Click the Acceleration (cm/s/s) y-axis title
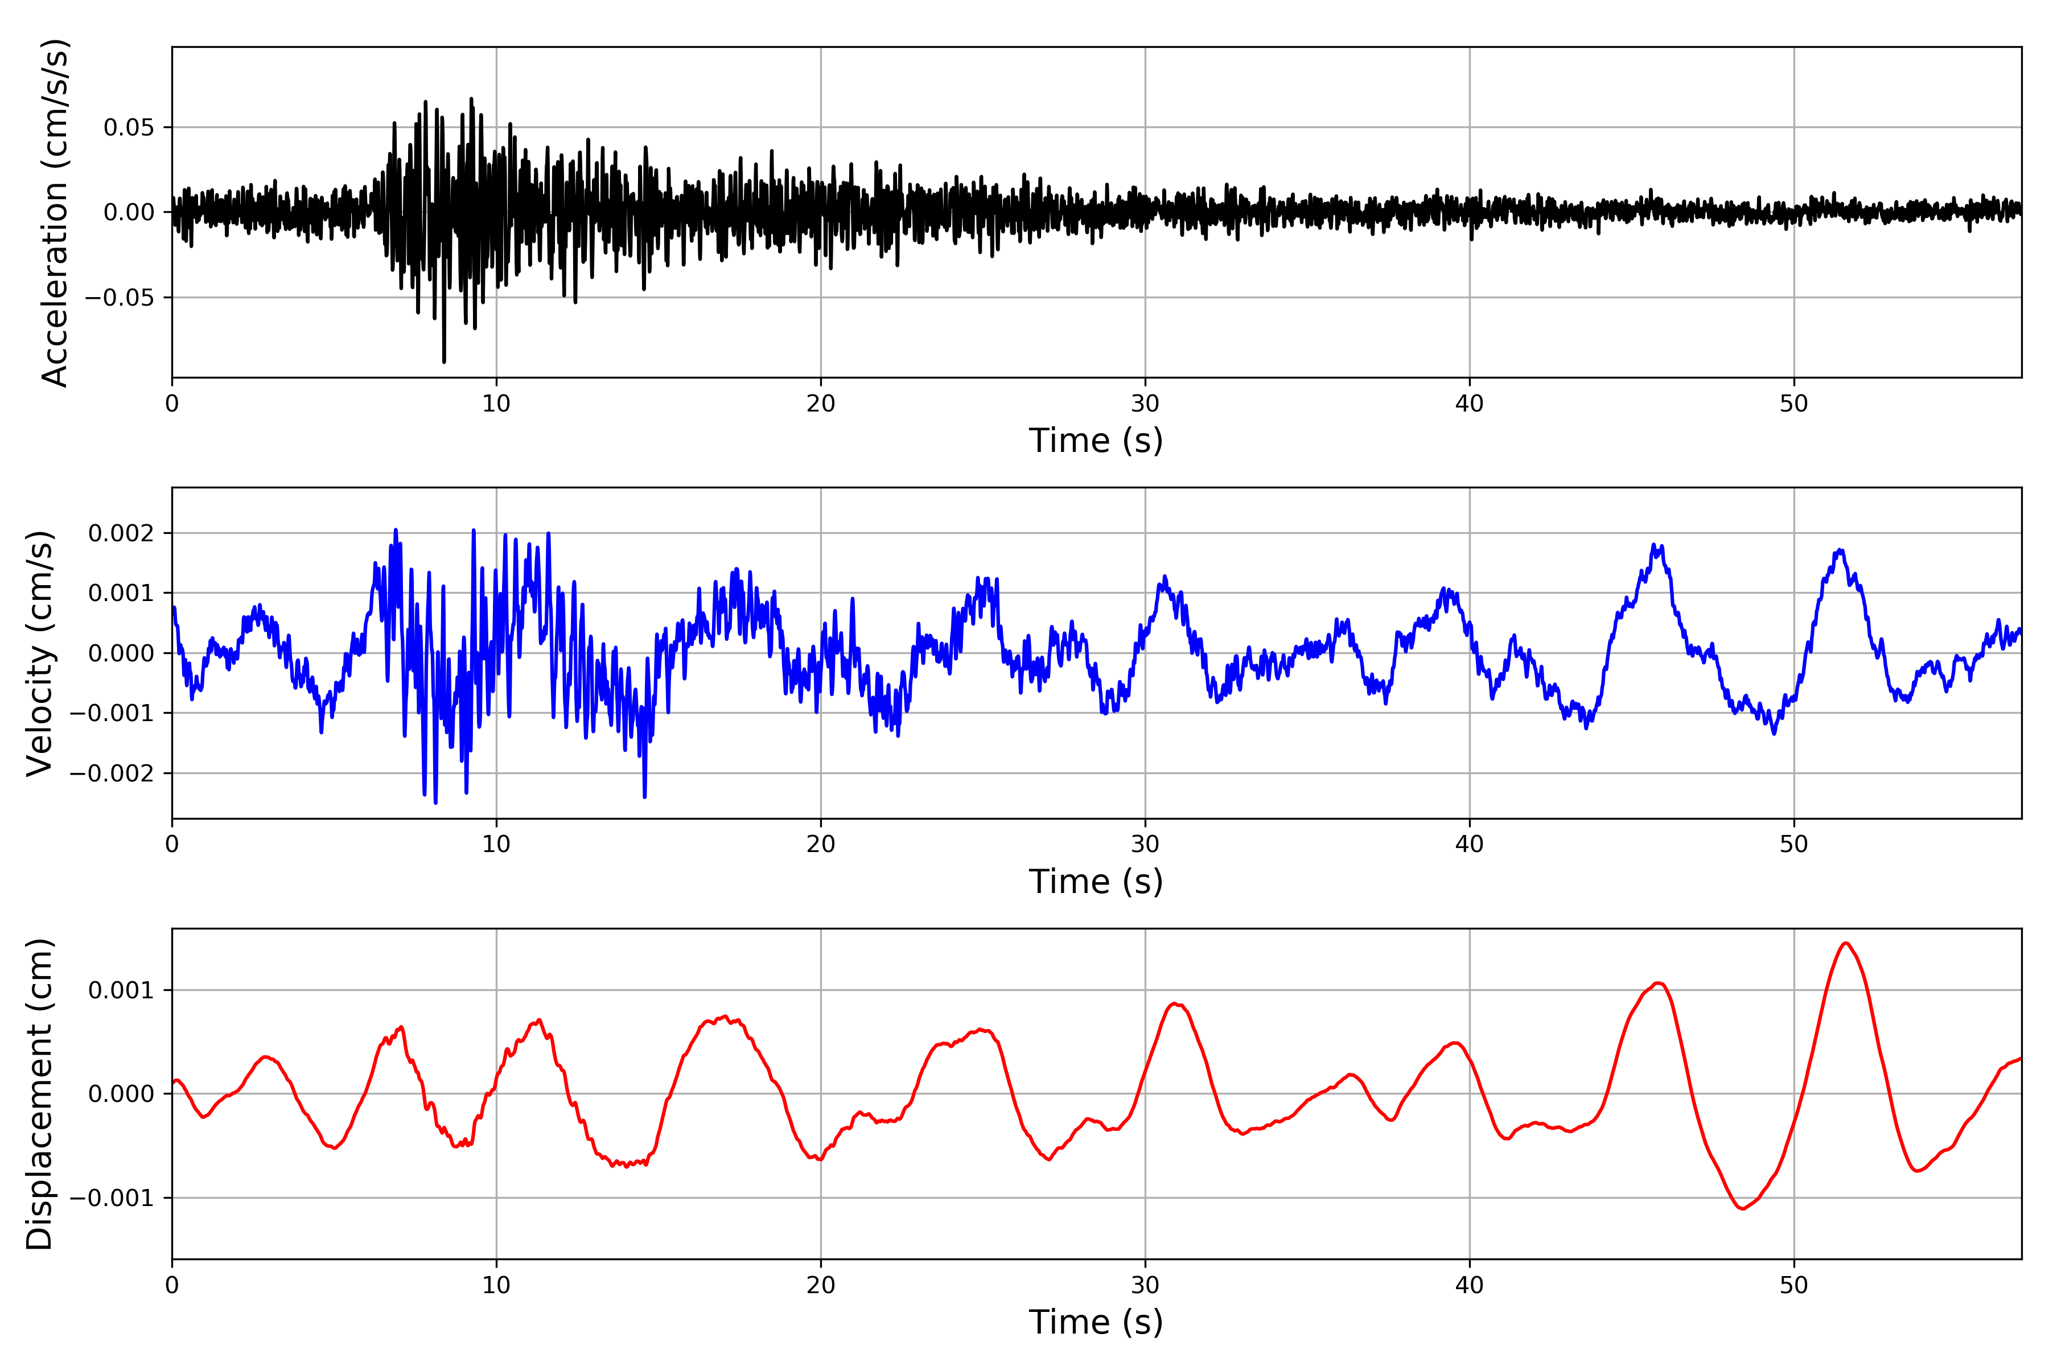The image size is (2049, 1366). [x=54, y=212]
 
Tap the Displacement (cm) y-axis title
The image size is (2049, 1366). [x=40, y=1094]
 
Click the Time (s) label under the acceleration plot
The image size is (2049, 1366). [x=1096, y=441]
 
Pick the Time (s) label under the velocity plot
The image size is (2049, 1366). [x=1096, y=882]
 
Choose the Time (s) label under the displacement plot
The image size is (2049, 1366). [x=1096, y=1322]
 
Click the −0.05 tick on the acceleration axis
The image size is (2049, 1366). [x=120, y=298]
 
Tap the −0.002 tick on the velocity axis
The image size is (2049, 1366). [x=112, y=773]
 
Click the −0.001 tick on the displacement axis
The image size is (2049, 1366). [x=112, y=1199]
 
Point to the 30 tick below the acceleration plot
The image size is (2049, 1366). [x=1145, y=404]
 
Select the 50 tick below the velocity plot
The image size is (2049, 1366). [x=1794, y=844]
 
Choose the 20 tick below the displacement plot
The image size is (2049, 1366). [x=821, y=1285]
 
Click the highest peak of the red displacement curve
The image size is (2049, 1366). [x=1846, y=944]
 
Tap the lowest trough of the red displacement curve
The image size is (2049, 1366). [x=1742, y=1209]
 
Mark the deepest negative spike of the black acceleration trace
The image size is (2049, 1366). [x=445, y=361]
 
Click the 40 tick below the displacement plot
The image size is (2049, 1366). [x=1470, y=1285]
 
